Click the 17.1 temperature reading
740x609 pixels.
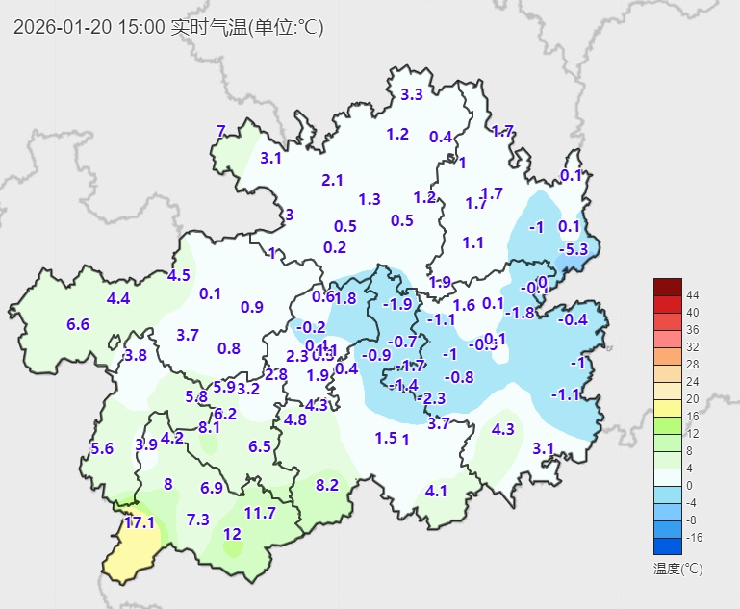tap(140, 522)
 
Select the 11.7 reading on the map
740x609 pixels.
tap(260, 513)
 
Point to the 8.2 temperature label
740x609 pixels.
tap(327, 485)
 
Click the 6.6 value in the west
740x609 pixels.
tap(78, 324)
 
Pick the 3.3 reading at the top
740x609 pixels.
tap(412, 94)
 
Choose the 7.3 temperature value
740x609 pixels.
tap(197, 520)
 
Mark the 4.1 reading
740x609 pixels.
tap(436, 491)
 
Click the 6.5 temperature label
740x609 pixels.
tap(260, 446)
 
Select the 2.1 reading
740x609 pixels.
tap(332, 180)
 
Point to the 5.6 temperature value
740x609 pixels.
tap(102, 448)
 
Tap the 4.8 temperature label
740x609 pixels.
tap(295, 419)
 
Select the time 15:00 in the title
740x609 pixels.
tap(140, 27)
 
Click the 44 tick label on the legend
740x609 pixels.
tap(692, 294)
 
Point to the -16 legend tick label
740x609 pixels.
tap(694, 538)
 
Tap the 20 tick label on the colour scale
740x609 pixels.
tap(692, 398)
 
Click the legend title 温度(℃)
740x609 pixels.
tap(677, 569)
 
